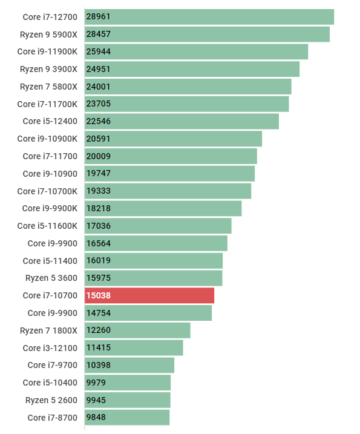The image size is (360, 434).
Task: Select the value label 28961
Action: click(x=99, y=17)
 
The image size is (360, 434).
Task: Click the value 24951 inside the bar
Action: click(x=99, y=69)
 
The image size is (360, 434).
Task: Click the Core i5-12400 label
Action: click(x=50, y=121)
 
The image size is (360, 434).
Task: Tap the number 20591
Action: click(x=99, y=139)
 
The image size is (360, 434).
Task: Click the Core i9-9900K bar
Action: click(x=163, y=208)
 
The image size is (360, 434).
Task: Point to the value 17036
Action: click(x=99, y=226)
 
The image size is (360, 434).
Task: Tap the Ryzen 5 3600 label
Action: click(x=51, y=278)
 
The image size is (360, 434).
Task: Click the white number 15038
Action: click(x=99, y=295)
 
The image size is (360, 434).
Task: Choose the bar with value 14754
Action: click(x=148, y=313)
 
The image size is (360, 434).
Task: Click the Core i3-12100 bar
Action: click(x=134, y=348)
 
